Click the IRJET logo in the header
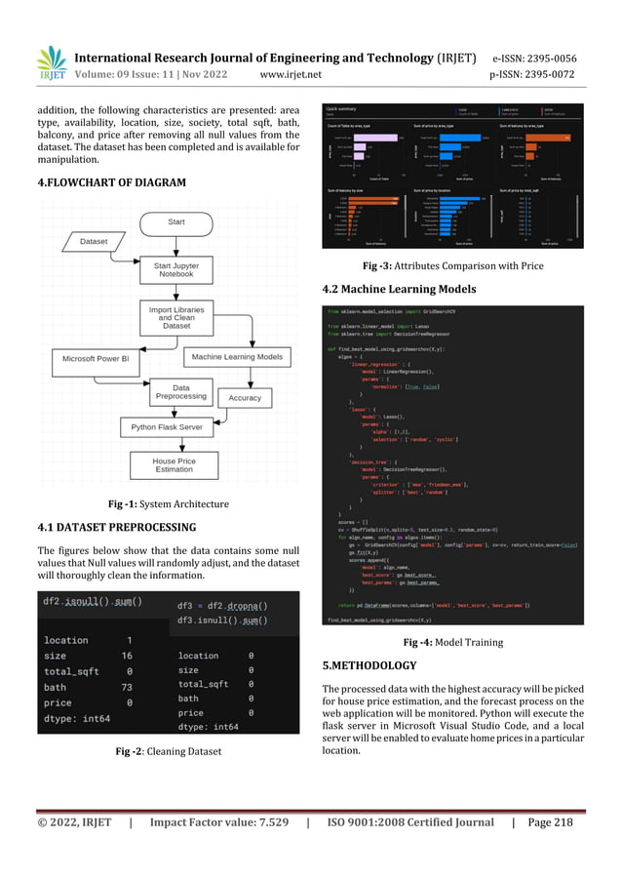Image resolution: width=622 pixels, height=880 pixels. tap(52, 64)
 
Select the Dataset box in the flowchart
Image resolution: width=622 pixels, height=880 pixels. tap(94, 240)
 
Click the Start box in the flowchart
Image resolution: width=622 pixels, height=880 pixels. tap(176, 222)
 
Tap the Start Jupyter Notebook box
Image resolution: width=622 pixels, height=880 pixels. tap(176, 268)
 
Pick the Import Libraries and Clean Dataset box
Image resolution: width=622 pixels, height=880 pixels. tap(176, 317)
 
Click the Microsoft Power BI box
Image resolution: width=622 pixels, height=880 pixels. tap(102, 358)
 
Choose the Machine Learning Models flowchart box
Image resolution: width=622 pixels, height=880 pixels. tap(237, 358)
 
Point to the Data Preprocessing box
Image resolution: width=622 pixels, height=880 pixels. tap(180, 392)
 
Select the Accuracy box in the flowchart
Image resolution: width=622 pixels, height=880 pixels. tap(245, 398)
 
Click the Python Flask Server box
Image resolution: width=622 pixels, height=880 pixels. tap(166, 427)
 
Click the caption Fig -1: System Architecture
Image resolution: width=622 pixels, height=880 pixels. tap(168, 504)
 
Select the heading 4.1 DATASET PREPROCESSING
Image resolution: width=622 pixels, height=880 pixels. tap(116, 528)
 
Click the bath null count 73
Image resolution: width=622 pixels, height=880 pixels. tap(126, 687)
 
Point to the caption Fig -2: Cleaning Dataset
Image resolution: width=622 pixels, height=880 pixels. tap(167, 751)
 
